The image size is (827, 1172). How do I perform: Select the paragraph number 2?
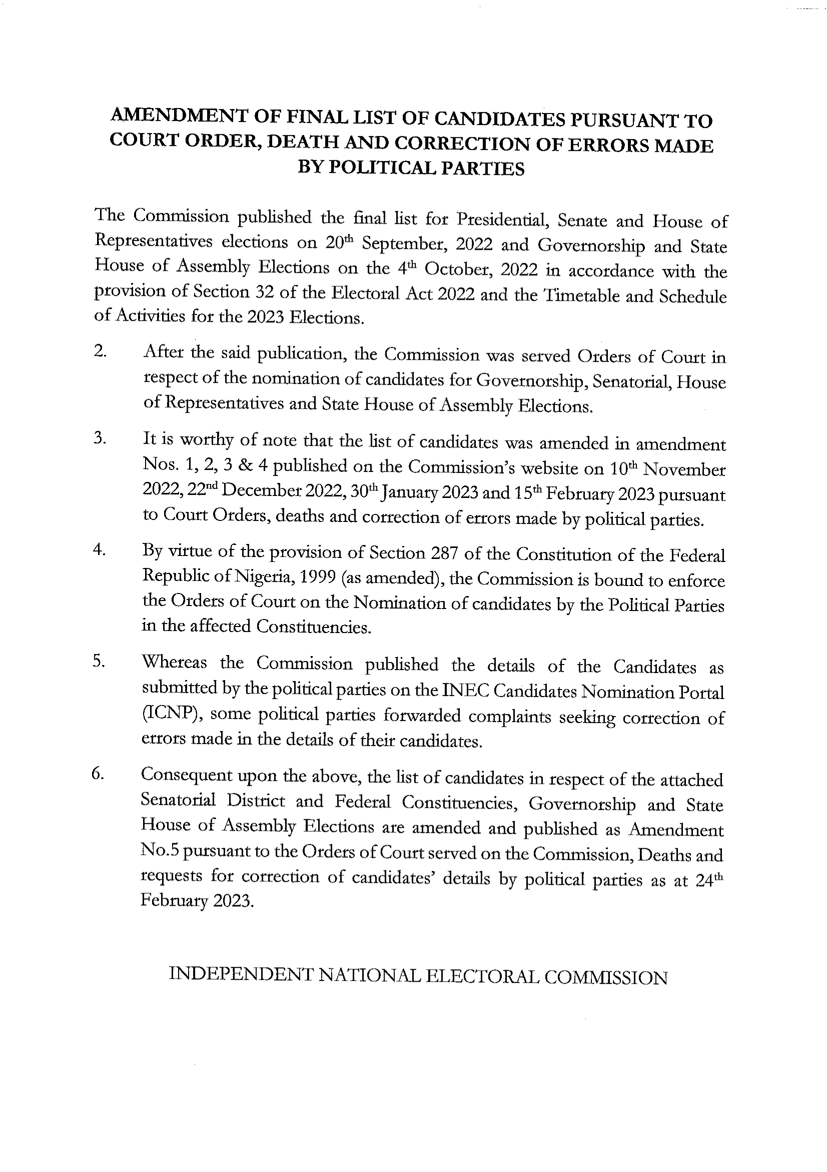100,352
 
